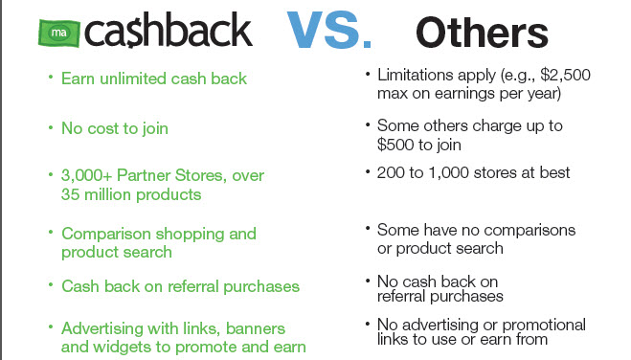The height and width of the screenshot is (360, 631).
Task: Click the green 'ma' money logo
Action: (59, 33)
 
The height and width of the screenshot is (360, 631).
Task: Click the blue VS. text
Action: (328, 31)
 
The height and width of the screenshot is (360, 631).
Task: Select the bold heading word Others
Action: (482, 33)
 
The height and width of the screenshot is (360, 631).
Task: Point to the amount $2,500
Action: (565, 76)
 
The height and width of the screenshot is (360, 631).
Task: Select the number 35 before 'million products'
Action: (71, 194)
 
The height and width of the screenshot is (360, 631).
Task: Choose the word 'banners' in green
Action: (256, 328)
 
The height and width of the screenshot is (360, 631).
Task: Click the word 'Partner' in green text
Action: (144, 176)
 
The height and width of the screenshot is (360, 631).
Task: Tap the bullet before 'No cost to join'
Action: (51, 128)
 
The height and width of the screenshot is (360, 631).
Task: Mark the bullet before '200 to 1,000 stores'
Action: (368, 171)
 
